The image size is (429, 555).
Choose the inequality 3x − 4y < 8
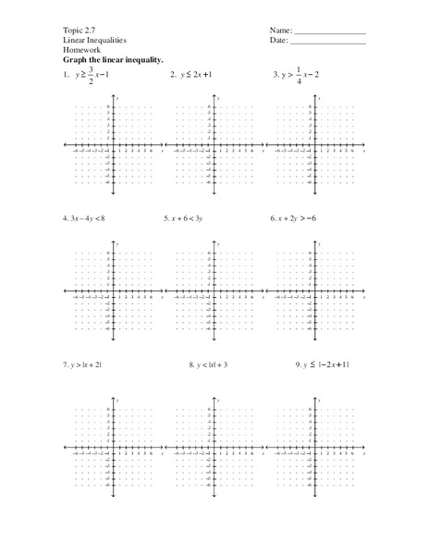(x=87, y=219)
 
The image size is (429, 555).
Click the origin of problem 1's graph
(x=113, y=144)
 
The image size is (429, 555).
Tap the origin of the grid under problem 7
(x=113, y=448)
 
